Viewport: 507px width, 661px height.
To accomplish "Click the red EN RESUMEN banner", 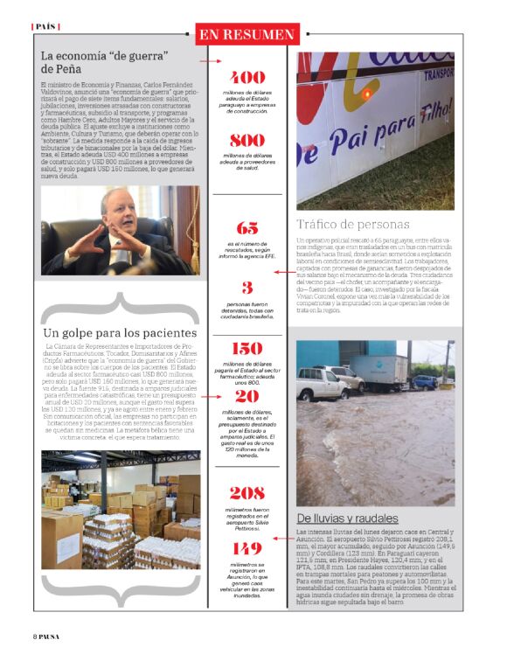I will (x=247, y=34).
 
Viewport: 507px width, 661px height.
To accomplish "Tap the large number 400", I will (x=247, y=77).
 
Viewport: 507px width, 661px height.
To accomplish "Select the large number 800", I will (x=247, y=140).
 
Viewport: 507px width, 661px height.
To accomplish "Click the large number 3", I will (x=247, y=288).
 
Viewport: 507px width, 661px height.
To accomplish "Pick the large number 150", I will (x=247, y=349).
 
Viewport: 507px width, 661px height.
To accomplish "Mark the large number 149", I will (x=247, y=548).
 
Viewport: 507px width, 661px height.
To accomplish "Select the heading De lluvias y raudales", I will (x=347, y=518).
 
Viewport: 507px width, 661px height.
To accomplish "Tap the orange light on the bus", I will (x=368, y=93).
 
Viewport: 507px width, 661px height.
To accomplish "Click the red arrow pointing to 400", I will (x=209, y=62).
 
